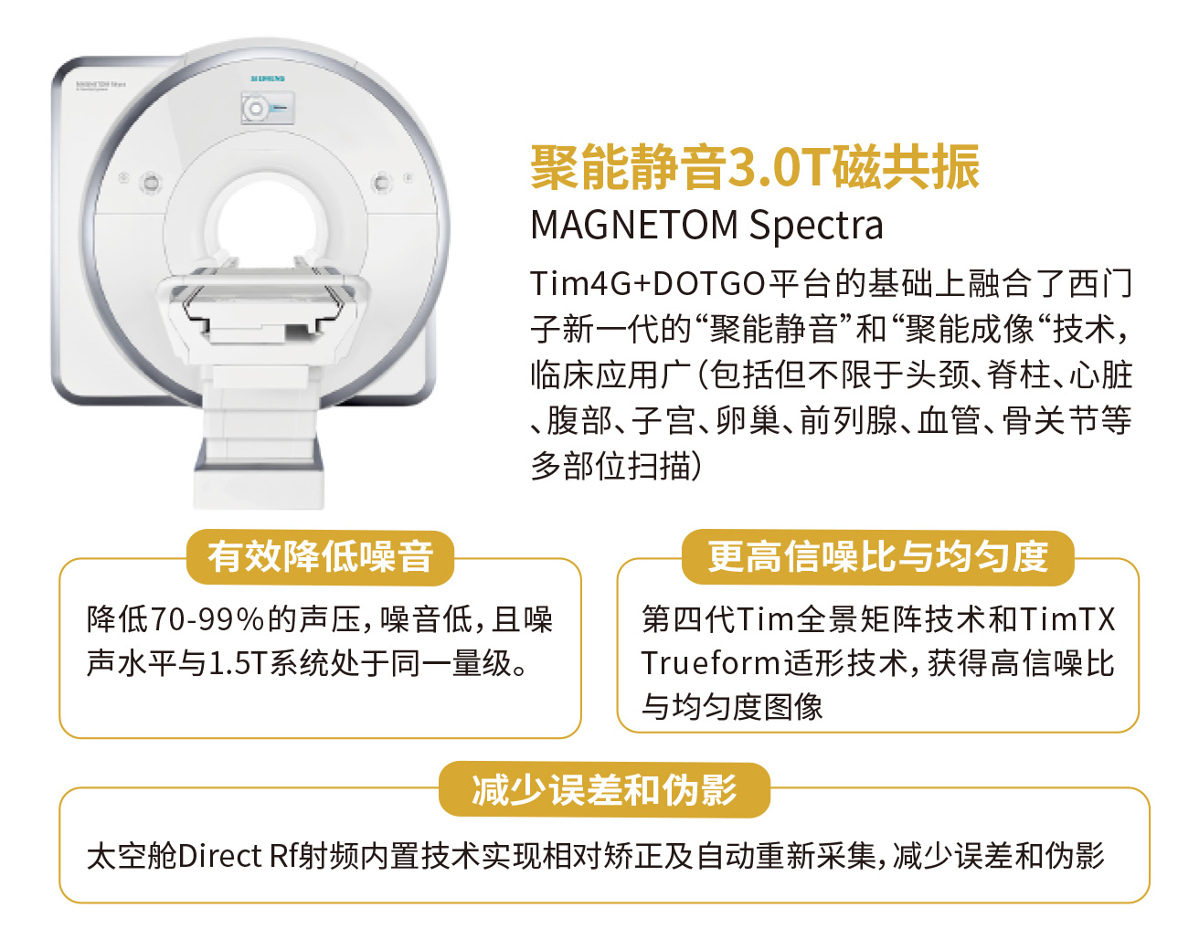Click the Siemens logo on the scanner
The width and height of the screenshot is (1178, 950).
(x=268, y=79)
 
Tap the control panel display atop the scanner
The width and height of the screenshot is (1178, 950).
(x=268, y=107)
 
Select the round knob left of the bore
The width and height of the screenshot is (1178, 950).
(x=150, y=182)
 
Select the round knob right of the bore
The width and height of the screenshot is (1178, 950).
(x=381, y=182)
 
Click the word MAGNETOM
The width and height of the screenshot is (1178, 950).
(x=634, y=225)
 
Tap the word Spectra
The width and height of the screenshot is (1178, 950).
(x=816, y=227)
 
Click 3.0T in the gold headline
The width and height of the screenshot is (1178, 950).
(x=779, y=167)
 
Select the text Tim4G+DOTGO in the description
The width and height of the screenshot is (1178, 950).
(x=648, y=284)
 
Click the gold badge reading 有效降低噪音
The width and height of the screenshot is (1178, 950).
(x=320, y=557)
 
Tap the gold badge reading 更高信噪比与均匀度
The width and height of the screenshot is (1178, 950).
(x=877, y=557)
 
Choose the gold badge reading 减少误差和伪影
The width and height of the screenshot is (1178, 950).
(x=604, y=789)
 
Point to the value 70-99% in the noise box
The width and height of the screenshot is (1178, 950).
(x=207, y=620)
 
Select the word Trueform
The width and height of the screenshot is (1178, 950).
(x=710, y=664)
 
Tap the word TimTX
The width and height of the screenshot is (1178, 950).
(x=1067, y=620)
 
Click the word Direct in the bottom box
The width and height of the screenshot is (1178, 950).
(x=220, y=857)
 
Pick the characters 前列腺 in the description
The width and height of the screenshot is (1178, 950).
(x=848, y=421)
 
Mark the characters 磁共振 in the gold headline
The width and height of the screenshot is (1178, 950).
(x=906, y=167)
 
